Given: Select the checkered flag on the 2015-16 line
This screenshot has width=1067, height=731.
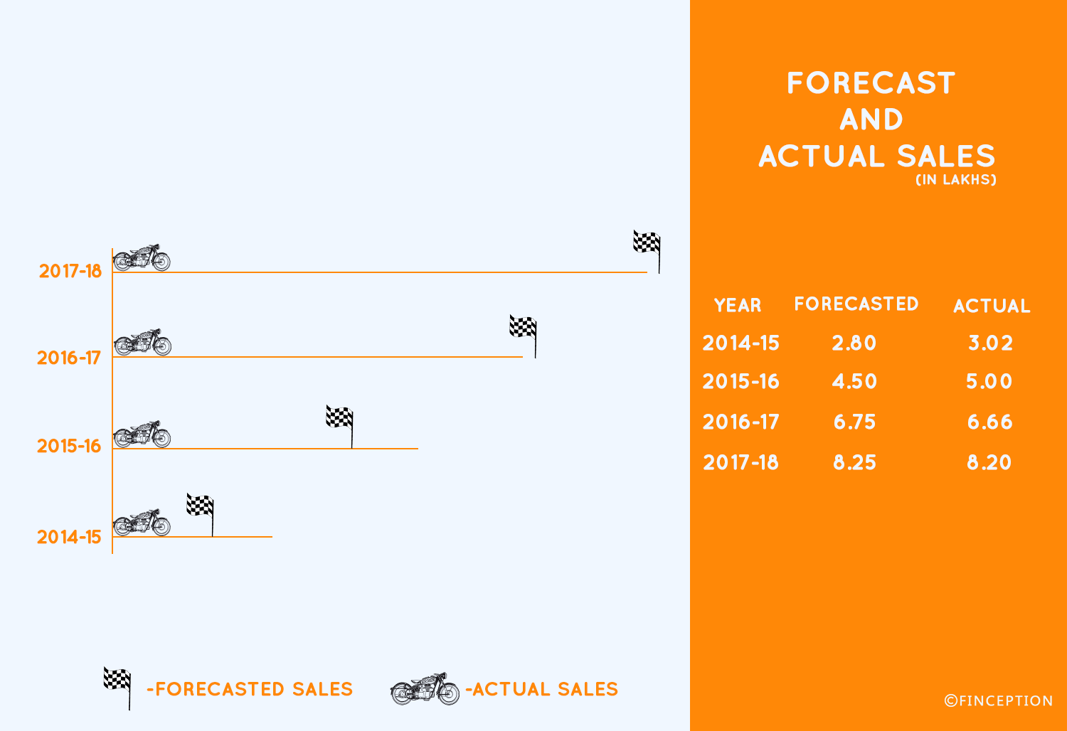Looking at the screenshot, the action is tap(339, 426).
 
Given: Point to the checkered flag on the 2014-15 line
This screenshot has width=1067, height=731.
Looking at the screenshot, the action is tap(200, 514).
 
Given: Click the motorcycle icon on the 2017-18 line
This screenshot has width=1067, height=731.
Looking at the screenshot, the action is tap(142, 257).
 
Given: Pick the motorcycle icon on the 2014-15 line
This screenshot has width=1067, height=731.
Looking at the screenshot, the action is tap(142, 523).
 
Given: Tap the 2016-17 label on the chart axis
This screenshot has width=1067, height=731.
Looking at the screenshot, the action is tap(69, 358).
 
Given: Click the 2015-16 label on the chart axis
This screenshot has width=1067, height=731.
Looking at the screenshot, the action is tap(69, 446).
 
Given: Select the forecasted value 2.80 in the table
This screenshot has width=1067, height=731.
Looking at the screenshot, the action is tap(854, 343).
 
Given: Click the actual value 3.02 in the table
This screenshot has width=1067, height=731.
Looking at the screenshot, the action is tap(990, 343).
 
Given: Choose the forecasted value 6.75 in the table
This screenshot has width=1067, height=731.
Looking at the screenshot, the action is tap(854, 422).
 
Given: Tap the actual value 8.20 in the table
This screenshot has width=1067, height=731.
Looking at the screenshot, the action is tap(989, 462).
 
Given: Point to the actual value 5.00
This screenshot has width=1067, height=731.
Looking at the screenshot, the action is tap(989, 381).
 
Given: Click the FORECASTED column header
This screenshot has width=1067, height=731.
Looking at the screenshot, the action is tap(856, 304).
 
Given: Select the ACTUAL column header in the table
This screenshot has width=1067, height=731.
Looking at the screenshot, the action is tap(992, 306).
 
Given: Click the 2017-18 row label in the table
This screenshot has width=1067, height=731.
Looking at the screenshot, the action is tap(740, 462).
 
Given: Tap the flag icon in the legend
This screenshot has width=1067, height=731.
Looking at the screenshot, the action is tap(117, 688).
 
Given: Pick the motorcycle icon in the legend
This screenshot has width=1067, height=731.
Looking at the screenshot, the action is tap(425, 688).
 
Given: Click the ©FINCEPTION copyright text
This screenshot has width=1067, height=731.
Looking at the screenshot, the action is tap(999, 700).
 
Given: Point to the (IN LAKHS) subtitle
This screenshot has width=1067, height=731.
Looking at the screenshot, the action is tap(956, 179).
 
